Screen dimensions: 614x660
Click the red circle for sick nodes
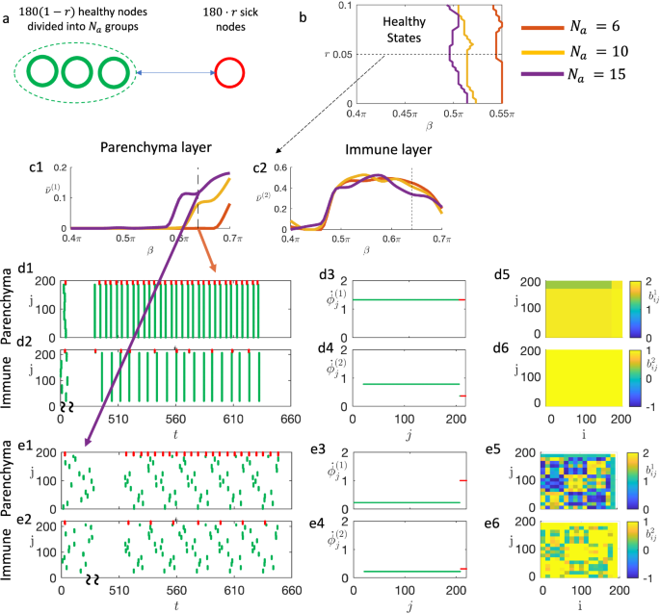point(230,73)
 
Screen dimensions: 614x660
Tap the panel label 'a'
point(7,9)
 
